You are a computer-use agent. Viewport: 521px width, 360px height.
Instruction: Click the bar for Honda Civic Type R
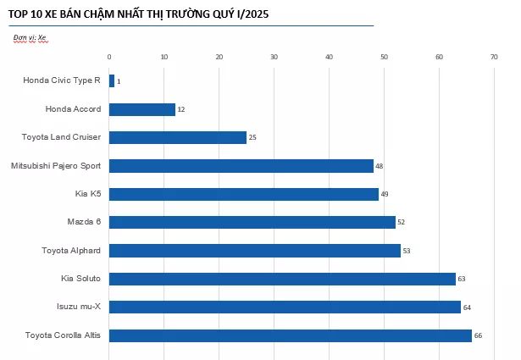click(x=112, y=81)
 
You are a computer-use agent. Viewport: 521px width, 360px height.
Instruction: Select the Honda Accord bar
click(x=142, y=109)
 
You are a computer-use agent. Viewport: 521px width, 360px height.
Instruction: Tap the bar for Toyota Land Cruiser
click(x=178, y=137)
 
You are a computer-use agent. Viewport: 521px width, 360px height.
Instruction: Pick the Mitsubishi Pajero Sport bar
click(x=241, y=166)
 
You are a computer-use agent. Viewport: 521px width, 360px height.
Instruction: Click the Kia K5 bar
click(x=244, y=194)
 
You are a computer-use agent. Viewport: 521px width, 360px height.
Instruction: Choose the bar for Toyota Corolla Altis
click(x=291, y=335)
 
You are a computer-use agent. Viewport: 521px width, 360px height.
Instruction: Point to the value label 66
click(x=478, y=335)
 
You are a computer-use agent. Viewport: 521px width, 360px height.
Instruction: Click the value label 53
click(x=407, y=251)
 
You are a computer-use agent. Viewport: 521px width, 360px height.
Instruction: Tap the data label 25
click(x=252, y=137)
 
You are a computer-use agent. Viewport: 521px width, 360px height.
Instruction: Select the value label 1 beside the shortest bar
click(x=119, y=81)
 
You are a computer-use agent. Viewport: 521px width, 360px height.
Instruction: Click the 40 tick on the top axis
click(x=329, y=57)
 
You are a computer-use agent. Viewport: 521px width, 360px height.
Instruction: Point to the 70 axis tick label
click(x=494, y=57)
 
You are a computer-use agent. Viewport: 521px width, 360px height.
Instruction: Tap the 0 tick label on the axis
click(x=109, y=57)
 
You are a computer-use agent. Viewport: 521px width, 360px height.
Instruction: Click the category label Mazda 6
click(x=84, y=222)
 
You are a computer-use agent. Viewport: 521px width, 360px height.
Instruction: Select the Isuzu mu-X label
click(x=79, y=307)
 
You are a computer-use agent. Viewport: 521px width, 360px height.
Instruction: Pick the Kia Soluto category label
click(x=80, y=279)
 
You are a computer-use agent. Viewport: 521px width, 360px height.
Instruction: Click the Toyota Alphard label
click(x=71, y=251)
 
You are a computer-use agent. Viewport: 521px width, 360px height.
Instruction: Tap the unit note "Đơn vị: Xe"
click(x=30, y=37)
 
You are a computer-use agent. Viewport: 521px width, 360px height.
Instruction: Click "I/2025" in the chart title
click(x=252, y=14)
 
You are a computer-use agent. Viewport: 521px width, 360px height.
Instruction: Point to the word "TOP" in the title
click(x=17, y=14)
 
